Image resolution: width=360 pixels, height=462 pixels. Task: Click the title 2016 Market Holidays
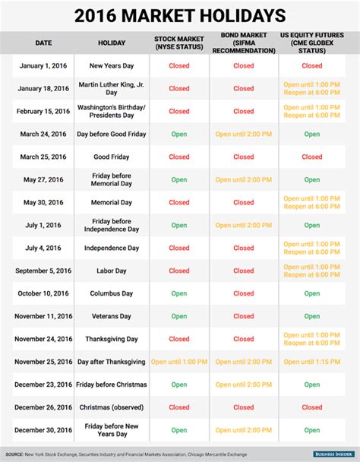click(x=180, y=14)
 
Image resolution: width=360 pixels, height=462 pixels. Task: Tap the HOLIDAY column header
click(x=112, y=43)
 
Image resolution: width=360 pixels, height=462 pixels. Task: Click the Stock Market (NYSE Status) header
click(x=179, y=43)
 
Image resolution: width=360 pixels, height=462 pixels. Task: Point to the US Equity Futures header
click(x=312, y=43)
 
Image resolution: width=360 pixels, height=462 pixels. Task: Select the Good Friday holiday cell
click(x=112, y=157)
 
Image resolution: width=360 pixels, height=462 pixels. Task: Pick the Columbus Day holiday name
click(x=112, y=293)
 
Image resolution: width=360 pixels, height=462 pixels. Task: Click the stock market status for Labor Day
click(x=179, y=271)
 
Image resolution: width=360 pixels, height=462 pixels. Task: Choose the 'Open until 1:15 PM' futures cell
click(x=312, y=362)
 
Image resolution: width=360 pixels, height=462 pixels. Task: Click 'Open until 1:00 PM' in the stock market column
click(x=179, y=362)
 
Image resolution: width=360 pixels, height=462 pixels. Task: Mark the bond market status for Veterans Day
click(x=244, y=316)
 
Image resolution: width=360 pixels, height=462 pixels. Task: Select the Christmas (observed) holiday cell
click(x=112, y=407)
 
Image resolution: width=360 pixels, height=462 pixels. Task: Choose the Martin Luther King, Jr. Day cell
click(x=112, y=89)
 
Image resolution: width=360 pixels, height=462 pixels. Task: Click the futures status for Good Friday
click(x=312, y=157)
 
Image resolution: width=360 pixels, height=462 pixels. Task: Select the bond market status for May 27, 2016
click(x=244, y=180)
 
